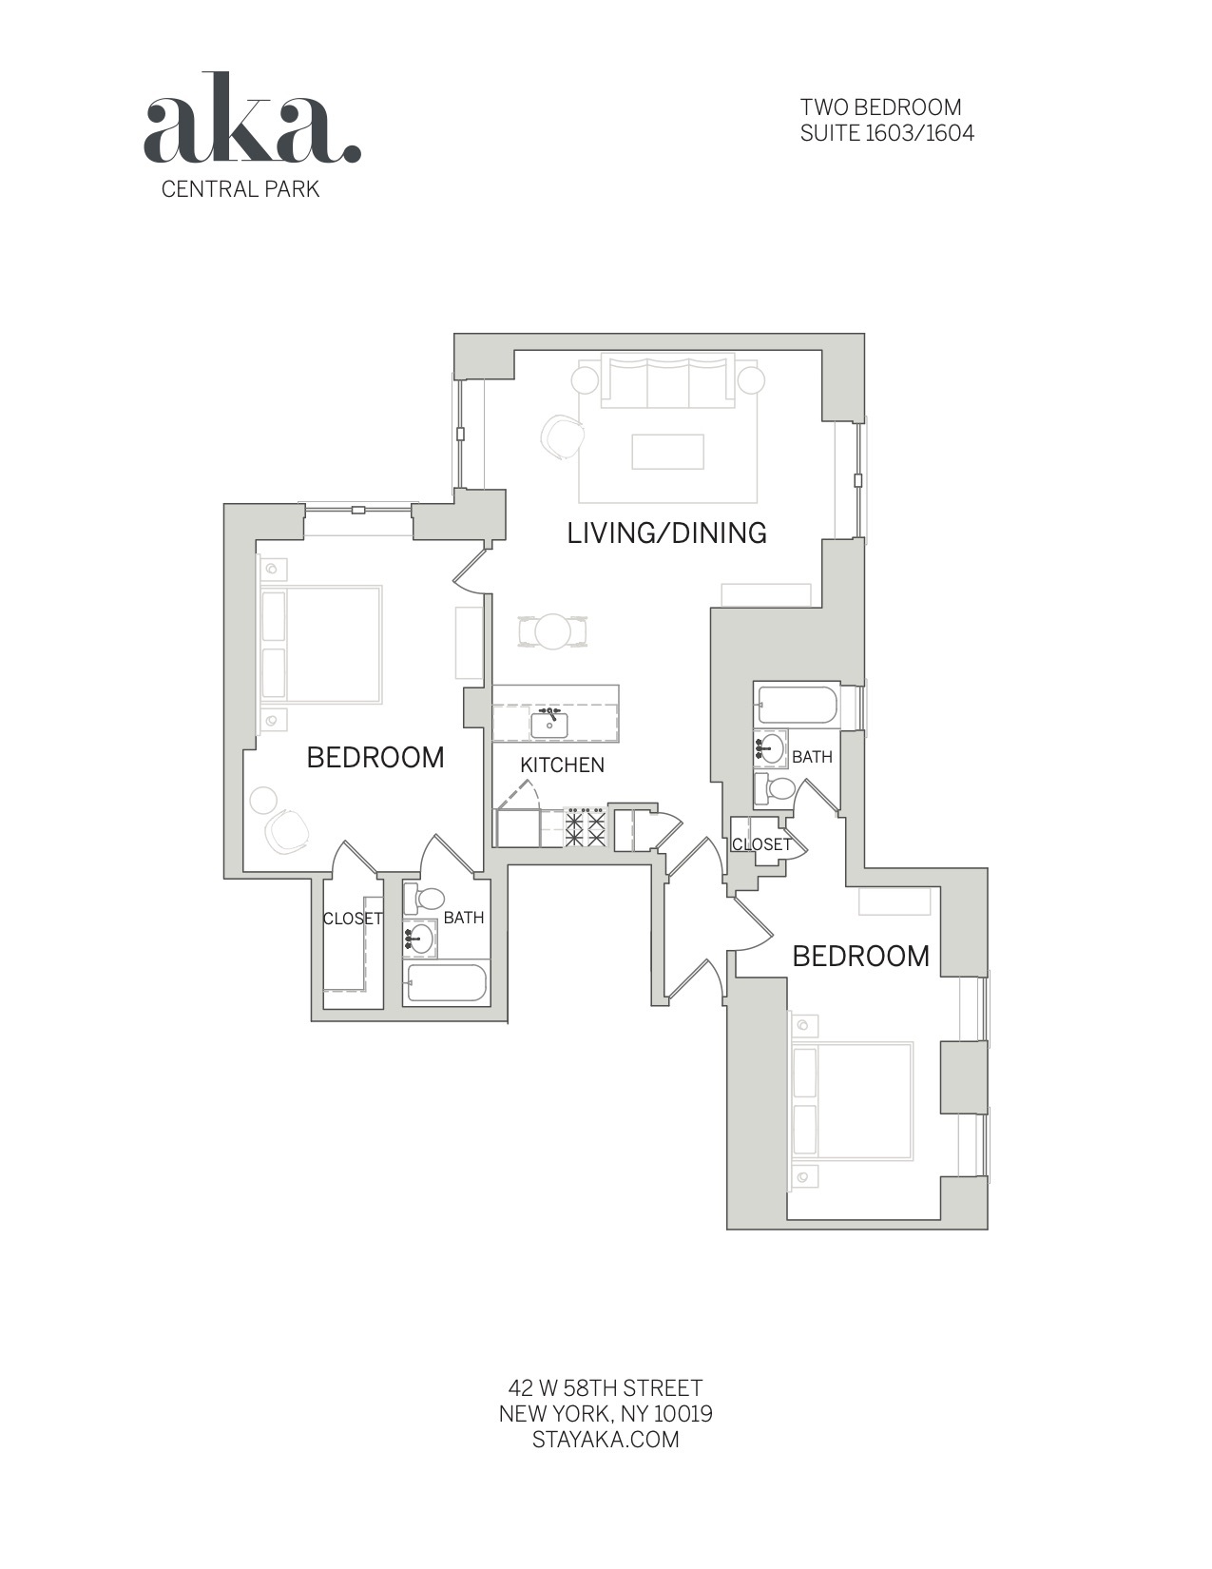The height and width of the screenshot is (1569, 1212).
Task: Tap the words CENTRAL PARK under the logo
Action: [x=240, y=188]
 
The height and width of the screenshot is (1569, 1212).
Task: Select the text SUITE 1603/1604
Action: [x=887, y=133]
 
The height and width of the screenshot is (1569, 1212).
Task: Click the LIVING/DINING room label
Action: [x=666, y=533]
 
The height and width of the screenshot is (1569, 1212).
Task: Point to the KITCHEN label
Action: [x=562, y=765]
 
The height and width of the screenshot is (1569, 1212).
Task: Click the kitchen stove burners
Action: [x=586, y=827]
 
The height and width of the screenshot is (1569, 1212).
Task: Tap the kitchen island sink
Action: [x=549, y=725]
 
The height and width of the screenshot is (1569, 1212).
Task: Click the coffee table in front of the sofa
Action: [x=668, y=452]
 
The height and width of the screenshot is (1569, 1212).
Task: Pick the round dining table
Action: [x=552, y=630]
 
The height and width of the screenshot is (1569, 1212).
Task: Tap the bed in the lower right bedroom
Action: [x=852, y=1102]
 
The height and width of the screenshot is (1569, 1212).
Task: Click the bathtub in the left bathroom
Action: [x=447, y=984]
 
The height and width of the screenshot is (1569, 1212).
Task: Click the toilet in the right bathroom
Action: [x=776, y=788]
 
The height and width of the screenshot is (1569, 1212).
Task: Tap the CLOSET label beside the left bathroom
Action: [x=353, y=919]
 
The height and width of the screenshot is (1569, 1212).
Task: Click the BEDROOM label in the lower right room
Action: [x=860, y=956]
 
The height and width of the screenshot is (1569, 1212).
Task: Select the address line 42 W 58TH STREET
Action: [x=606, y=1388]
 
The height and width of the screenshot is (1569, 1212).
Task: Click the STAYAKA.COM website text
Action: [x=606, y=1439]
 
